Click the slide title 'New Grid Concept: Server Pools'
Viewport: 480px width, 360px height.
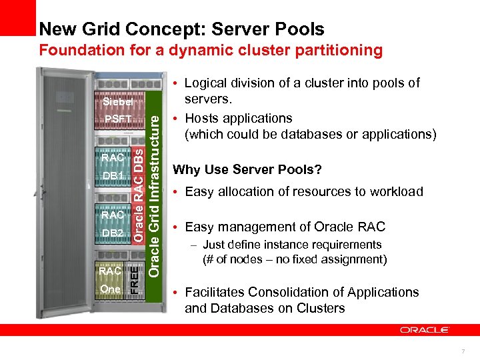click(x=181, y=29)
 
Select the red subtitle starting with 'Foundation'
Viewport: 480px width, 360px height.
click(x=211, y=50)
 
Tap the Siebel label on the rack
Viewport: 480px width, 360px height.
click(x=117, y=103)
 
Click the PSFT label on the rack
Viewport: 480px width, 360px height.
click(x=117, y=119)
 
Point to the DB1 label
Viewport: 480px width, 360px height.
click(x=112, y=175)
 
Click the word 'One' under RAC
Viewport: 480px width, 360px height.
click(x=110, y=289)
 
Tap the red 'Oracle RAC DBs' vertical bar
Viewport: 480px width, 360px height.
click(x=137, y=194)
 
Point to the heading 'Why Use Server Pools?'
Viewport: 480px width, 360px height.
click(x=247, y=170)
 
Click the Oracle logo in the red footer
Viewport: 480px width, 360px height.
click(x=425, y=329)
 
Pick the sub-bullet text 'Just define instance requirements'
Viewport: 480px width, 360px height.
click(x=292, y=245)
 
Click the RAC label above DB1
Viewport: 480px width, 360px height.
click(x=112, y=158)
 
